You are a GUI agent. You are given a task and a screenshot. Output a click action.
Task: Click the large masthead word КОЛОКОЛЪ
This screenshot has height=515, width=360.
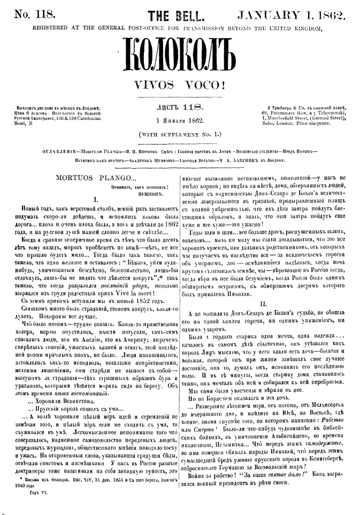click(180, 57)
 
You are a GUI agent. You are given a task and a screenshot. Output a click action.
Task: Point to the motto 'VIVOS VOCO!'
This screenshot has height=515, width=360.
click(179, 85)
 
